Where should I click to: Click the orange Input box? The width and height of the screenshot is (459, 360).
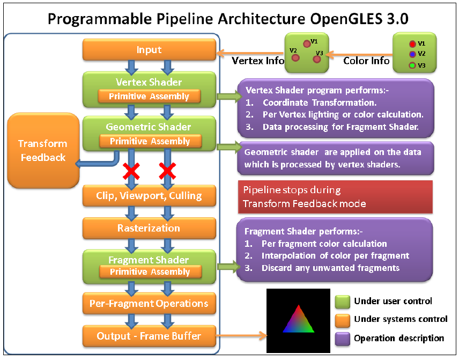tap(149, 50)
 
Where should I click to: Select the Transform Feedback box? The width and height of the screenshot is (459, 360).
tap(42, 150)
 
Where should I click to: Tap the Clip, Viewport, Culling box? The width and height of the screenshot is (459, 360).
tap(149, 196)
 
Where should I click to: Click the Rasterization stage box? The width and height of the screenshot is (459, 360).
tap(149, 228)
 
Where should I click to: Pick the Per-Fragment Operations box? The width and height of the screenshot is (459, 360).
tap(149, 304)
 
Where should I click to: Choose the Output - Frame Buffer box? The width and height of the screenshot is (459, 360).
tap(149, 336)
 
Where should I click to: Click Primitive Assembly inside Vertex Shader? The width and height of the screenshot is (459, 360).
tap(149, 97)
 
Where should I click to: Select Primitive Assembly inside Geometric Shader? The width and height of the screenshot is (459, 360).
tap(149, 142)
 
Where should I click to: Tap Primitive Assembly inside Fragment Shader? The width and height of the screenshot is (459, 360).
tap(149, 272)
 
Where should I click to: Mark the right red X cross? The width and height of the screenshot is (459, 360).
tap(167, 171)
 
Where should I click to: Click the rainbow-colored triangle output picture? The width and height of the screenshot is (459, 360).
tap(299, 320)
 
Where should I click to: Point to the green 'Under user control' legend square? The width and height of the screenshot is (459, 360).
tap(342, 302)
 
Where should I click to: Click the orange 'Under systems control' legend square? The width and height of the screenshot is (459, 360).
tap(342, 320)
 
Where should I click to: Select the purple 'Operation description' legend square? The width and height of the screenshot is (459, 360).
tap(342, 339)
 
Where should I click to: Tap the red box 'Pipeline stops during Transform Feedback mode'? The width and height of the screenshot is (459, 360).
tap(335, 197)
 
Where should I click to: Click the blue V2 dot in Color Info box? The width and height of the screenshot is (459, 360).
tap(411, 54)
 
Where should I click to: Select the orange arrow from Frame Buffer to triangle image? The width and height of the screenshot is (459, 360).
tap(242, 336)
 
